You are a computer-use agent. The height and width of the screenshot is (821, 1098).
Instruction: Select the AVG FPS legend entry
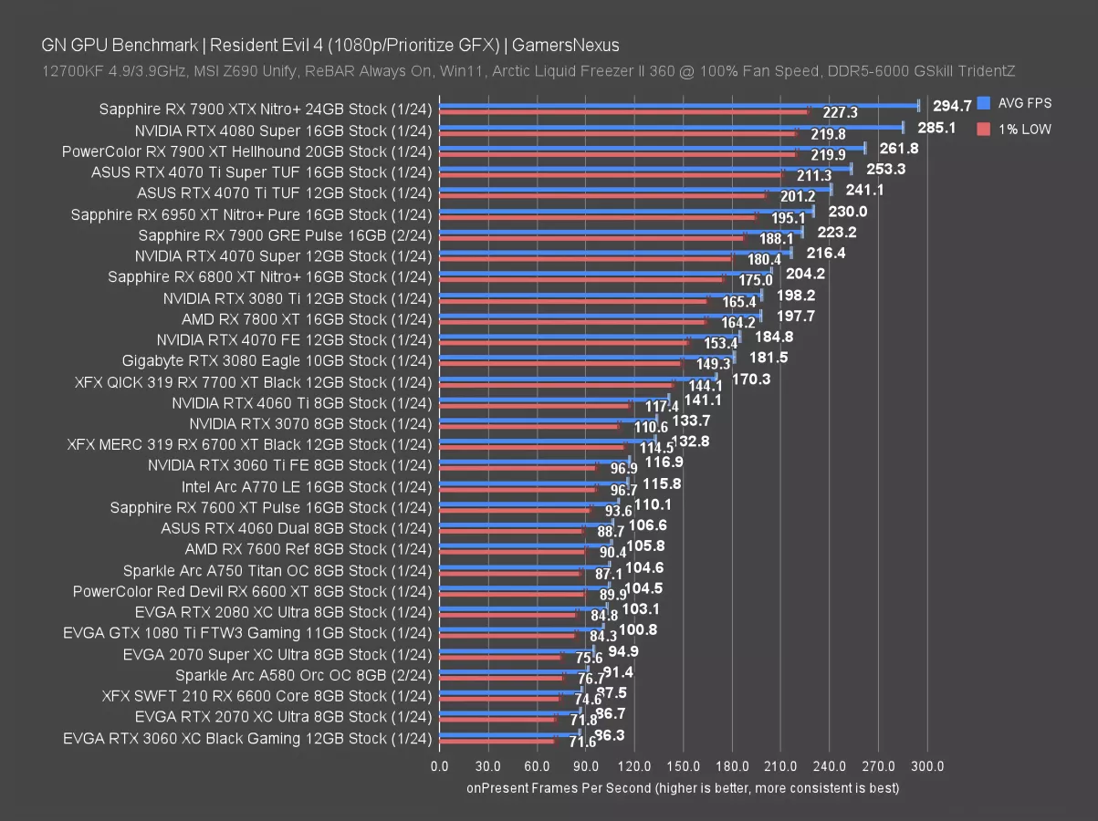[1022, 104]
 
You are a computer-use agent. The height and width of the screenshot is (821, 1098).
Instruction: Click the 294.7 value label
[952, 106]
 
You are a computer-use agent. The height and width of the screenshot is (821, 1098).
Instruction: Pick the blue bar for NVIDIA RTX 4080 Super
[671, 127]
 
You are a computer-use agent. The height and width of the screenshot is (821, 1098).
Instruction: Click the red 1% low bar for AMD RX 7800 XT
[572, 322]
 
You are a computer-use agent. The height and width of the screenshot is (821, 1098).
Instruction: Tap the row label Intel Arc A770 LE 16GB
[307, 486]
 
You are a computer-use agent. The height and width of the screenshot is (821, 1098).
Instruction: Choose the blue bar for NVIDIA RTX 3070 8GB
[548, 420]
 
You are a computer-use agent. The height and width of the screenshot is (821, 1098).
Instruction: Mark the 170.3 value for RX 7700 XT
[751, 379]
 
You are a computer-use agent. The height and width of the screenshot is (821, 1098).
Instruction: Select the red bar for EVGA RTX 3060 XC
[497, 742]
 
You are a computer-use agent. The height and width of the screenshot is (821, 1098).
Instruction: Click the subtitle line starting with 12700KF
[528, 70]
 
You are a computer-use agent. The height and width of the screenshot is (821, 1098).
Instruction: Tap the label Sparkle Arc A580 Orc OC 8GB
[303, 675]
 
